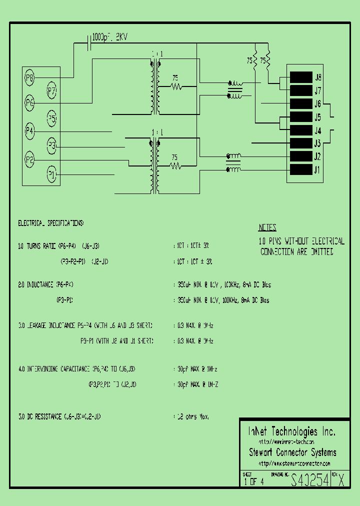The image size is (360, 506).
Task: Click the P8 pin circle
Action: (x=29, y=77)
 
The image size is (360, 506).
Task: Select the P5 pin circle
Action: (x=52, y=118)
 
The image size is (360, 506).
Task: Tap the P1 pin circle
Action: (x=51, y=174)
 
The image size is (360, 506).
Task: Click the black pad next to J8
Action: (x=301, y=77)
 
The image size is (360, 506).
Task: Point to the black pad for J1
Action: (x=301, y=170)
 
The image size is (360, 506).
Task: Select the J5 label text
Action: (x=317, y=117)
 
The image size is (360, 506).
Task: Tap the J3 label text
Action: (x=317, y=143)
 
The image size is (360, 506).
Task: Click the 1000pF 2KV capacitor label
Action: (x=111, y=37)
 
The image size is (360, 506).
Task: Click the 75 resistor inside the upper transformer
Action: (x=175, y=86)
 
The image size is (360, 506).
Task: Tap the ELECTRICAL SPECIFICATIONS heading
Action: (x=51, y=222)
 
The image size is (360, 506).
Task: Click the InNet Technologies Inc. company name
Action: (x=292, y=431)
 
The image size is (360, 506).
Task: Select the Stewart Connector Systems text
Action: (x=292, y=452)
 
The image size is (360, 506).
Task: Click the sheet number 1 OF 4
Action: (x=254, y=482)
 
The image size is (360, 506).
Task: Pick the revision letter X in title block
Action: (x=341, y=481)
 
